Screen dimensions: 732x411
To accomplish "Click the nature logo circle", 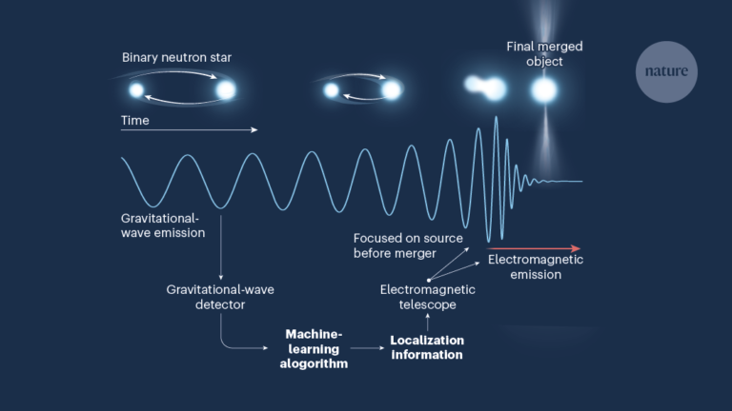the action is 666,71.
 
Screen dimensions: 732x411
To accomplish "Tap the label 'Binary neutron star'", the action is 176,58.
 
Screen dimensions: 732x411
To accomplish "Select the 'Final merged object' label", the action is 544,53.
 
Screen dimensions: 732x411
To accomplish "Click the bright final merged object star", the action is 544,90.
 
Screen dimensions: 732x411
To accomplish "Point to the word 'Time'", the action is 135,120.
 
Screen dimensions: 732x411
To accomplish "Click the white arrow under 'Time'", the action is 189,129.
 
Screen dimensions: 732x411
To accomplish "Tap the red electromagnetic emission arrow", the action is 534,249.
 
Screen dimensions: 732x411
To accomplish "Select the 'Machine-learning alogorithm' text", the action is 314,348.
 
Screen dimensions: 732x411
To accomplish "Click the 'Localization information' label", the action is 427,347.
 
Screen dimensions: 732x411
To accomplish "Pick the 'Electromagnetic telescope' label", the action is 428,297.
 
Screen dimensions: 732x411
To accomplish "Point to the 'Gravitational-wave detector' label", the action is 220,297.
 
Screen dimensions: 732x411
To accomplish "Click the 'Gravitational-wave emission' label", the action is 163,225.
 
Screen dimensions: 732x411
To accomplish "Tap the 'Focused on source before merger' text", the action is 408,245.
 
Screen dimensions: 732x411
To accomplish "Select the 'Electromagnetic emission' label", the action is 536,267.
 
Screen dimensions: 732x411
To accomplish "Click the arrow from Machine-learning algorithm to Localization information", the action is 367,347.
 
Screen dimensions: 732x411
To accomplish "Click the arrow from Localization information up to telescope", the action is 428,322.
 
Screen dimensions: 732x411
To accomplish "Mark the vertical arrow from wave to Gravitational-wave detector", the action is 221,247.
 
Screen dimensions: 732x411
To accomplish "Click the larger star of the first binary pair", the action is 226,90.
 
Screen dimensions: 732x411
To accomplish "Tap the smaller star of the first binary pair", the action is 136,90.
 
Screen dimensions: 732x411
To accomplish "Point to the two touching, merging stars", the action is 485,88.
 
